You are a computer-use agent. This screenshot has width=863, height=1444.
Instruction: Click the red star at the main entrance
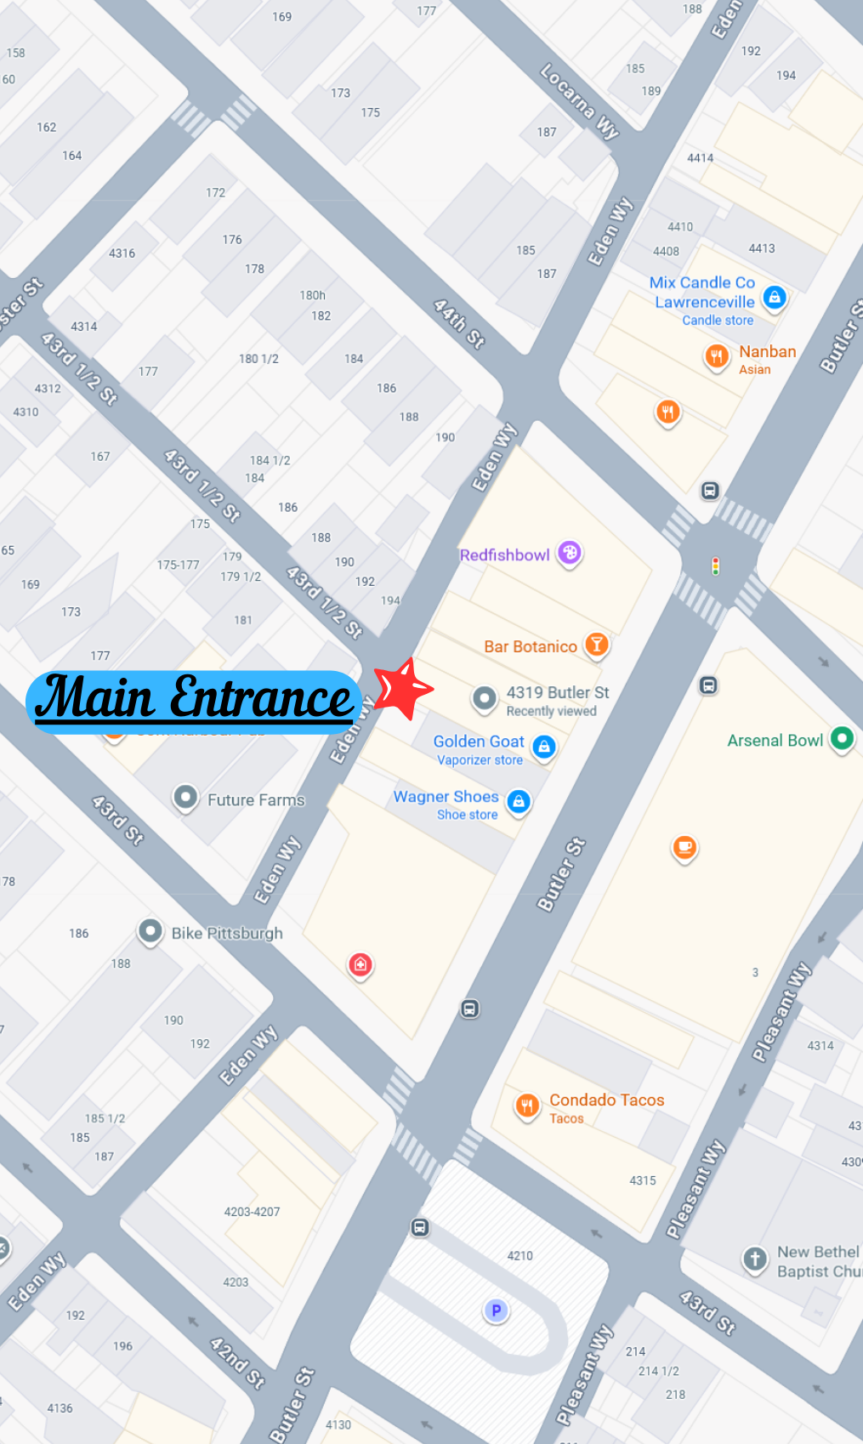click(402, 688)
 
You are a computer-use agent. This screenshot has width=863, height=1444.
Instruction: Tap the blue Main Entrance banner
click(194, 701)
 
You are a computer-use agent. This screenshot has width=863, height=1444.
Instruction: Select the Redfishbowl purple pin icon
click(570, 554)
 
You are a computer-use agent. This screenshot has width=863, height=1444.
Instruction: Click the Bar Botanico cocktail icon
click(597, 645)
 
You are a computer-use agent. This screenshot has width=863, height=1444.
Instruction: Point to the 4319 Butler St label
click(558, 693)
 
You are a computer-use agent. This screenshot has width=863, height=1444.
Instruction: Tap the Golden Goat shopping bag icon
click(544, 747)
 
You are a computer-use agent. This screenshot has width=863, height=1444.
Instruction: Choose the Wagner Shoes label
click(446, 798)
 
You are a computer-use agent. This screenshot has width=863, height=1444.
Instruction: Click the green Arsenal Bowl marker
click(842, 738)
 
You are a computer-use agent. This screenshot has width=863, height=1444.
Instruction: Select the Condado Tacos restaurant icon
click(527, 1105)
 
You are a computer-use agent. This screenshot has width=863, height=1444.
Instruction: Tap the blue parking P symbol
click(496, 1310)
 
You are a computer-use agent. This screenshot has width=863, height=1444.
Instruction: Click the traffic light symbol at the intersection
click(716, 566)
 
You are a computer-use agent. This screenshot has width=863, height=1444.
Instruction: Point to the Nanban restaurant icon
click(717, 355)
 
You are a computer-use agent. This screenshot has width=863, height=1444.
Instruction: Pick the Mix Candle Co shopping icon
click(774, 297)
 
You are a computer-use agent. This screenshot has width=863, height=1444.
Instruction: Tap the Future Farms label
click(255, 800)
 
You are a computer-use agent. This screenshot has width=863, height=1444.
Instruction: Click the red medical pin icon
click(361, 964)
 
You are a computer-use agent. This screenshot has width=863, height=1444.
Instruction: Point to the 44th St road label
click(458, 324)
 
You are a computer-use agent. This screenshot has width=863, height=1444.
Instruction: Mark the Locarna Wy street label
click(579, 101)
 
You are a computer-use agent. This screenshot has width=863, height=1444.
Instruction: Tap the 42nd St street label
click(237, 1362)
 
